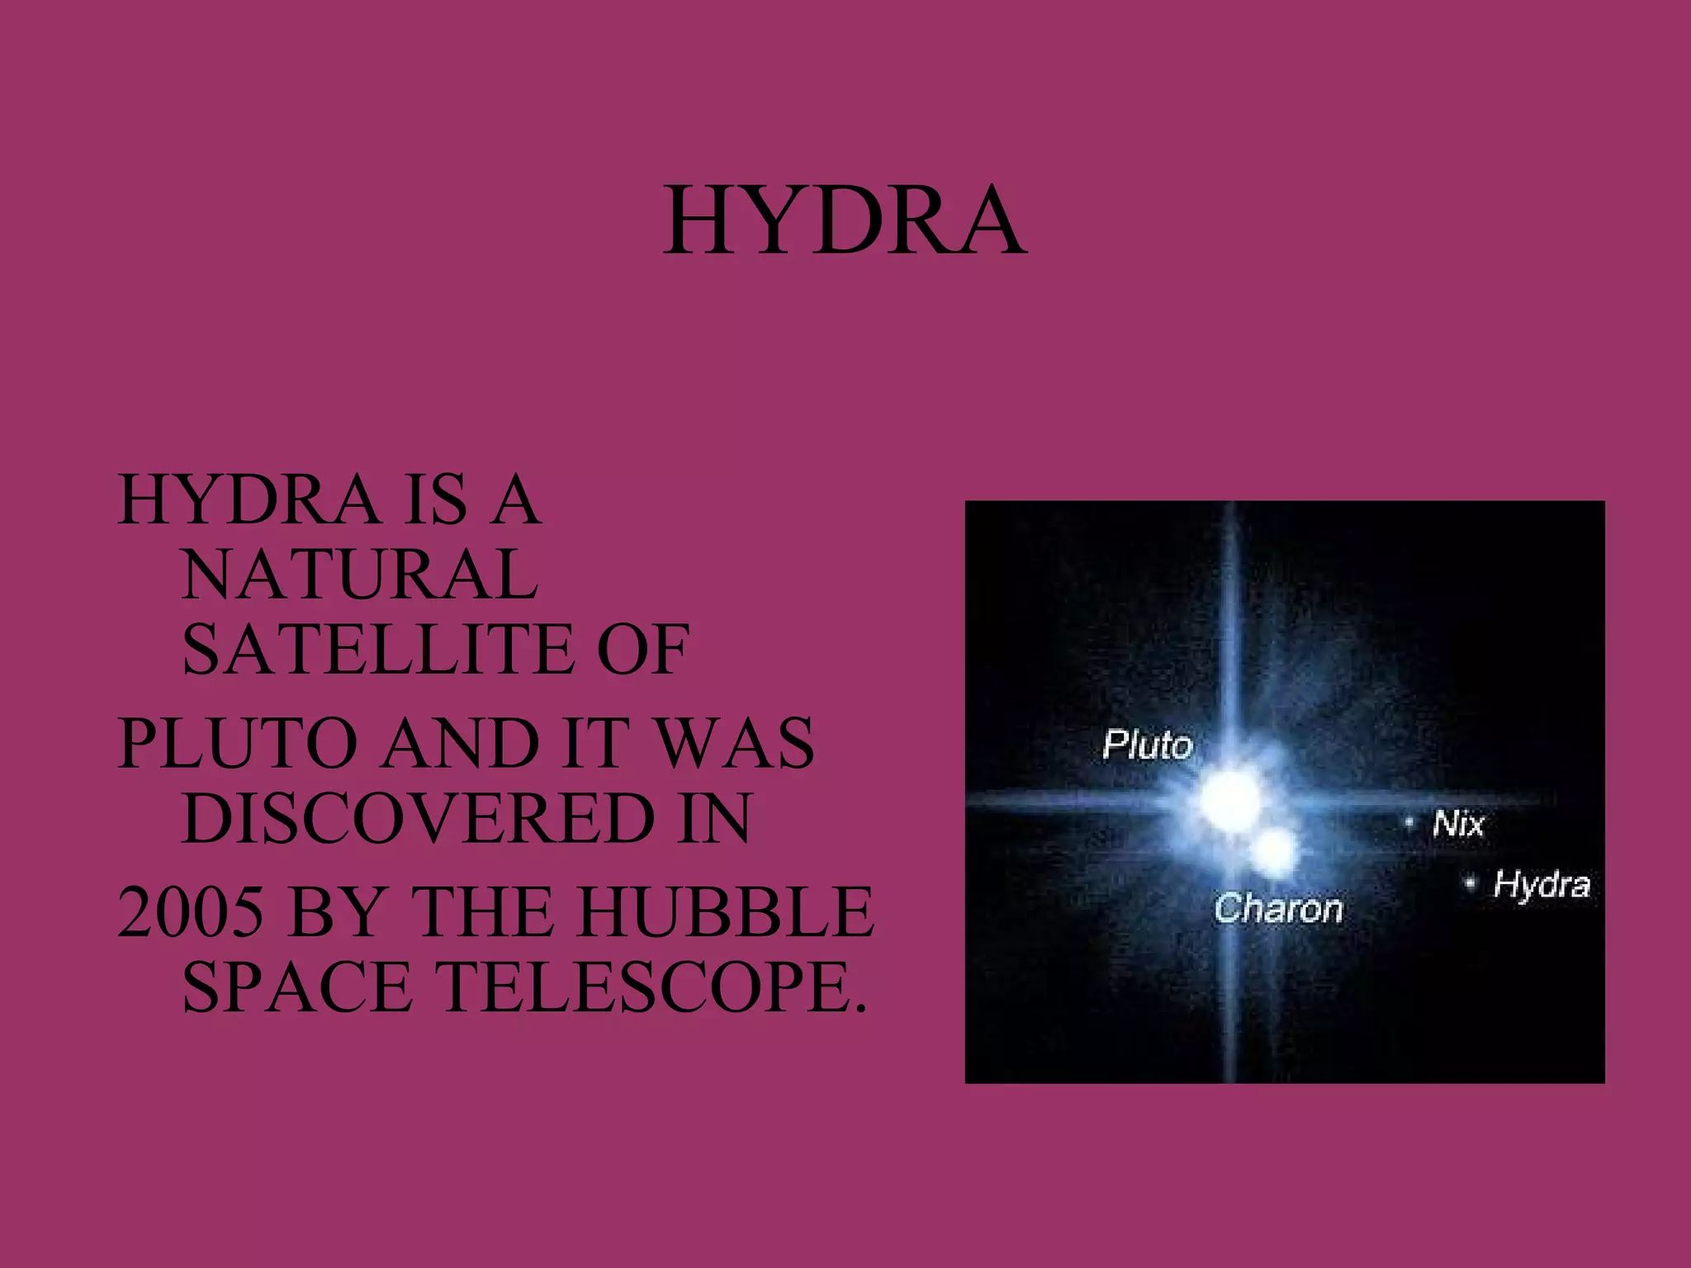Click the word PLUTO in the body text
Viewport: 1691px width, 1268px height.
coord(239,744)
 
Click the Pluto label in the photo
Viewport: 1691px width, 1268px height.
coord(1148,745)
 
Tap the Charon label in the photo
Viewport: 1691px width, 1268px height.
coord(1278,909)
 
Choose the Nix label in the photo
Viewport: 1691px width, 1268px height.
coord(1458,824)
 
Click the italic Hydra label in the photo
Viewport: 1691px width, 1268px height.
coord(1542,886)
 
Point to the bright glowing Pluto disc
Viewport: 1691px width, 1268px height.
coord(1229,796)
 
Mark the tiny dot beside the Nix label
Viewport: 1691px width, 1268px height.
coord(1410,822)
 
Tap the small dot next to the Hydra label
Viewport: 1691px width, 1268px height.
coord(1471,883)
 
